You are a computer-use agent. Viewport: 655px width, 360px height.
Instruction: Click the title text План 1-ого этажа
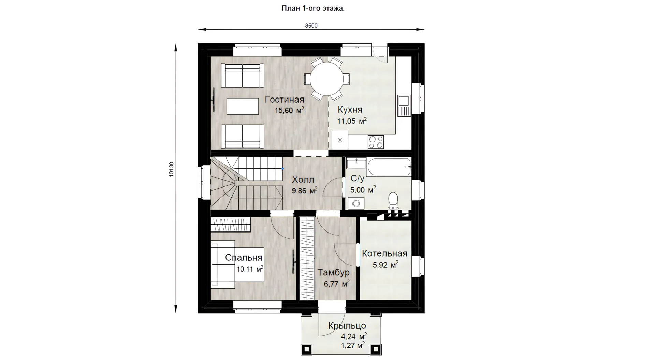coord(313,9)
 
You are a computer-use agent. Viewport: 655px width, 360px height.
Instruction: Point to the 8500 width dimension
coord(311,26)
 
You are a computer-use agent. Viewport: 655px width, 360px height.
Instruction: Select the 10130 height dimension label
coord(171,169)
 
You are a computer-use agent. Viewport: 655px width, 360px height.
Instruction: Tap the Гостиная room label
coord(285,100)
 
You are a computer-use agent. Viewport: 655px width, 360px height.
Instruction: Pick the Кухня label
coord(350,110)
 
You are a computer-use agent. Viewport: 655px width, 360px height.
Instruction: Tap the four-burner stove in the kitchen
coord(376,142)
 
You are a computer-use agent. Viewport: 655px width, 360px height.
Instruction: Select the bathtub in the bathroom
coord(389,167)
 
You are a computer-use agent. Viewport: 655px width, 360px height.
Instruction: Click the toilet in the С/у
coord(393,200)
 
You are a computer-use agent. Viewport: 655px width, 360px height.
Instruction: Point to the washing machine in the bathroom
coord(356,204)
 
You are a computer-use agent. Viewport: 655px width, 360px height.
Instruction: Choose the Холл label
coord(303,180)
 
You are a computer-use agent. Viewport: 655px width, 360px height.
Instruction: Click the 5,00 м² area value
coord(363,190)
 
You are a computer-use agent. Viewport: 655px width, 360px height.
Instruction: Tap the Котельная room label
coord(384,253)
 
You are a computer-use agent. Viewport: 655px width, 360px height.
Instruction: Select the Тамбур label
coord(333,272)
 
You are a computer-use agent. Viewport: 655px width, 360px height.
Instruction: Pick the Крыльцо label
coord(347,326)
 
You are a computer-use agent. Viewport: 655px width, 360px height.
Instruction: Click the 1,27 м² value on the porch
coord(353,346)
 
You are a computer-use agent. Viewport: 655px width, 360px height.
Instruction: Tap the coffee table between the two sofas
coord(243,106)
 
